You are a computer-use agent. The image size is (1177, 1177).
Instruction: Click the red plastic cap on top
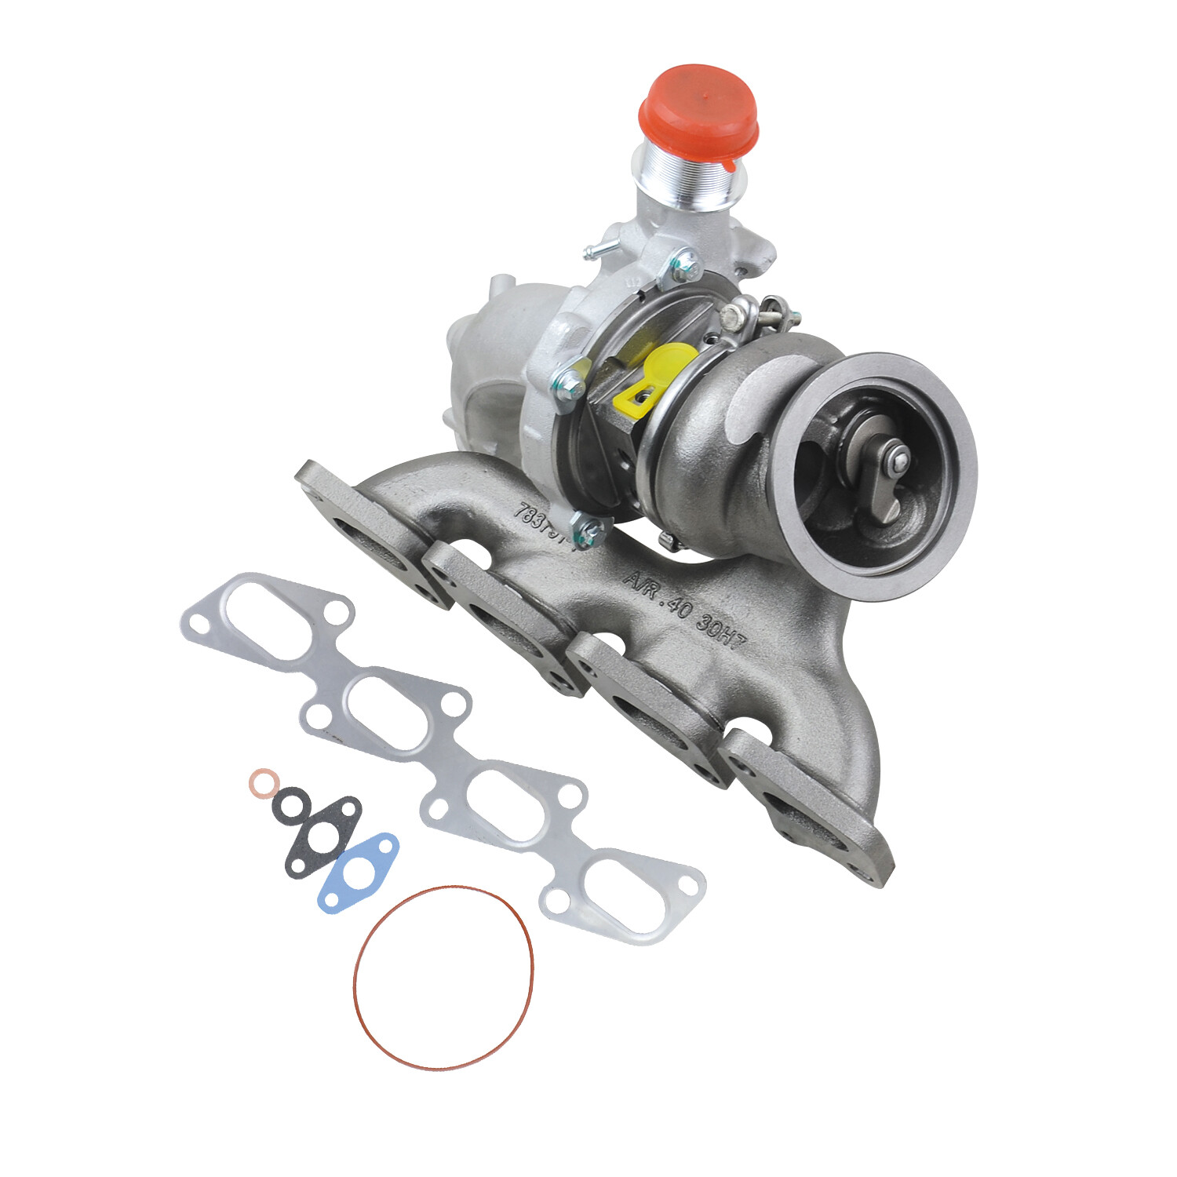pyautogui.click(x=698, y=110)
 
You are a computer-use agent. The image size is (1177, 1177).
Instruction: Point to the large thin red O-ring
pyautogui.click(x=443, y=977)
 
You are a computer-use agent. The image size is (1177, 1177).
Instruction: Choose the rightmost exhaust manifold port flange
pyautogui.click(x=808, y=816)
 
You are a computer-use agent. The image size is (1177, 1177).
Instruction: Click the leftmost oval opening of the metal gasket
pyautogui.click(x=263, y=616)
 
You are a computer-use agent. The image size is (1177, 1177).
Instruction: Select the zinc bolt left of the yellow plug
pyautogui.click(x=570, y=382)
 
